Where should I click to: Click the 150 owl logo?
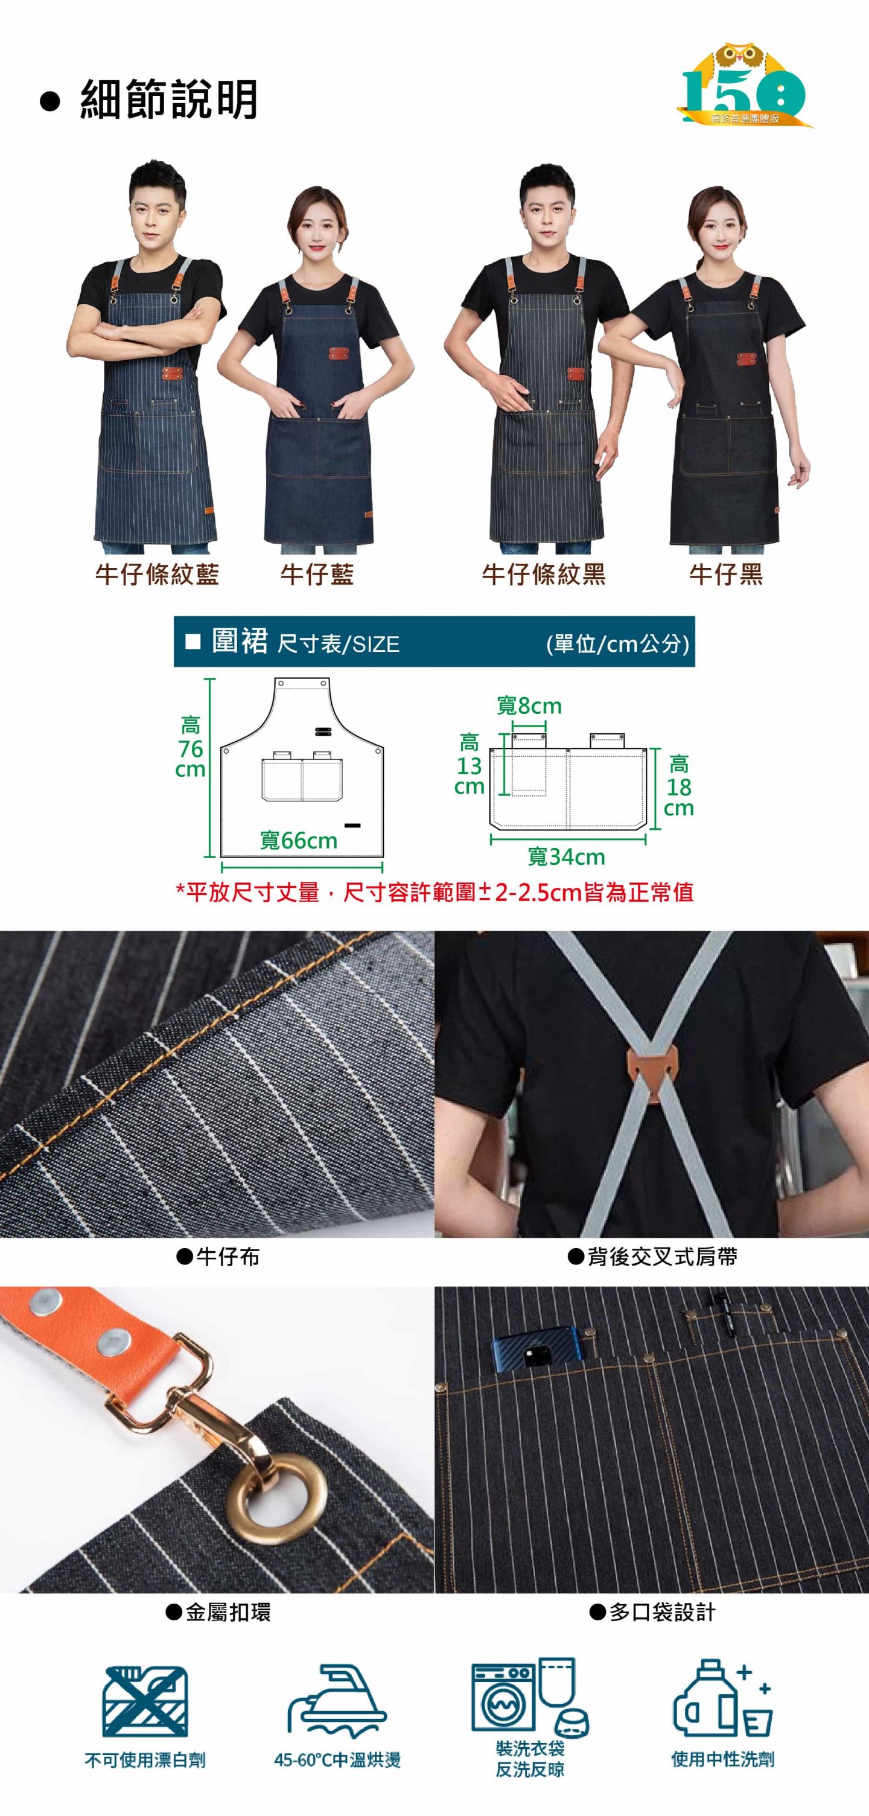tap(744, 85)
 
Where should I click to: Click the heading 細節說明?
tap(168, 100)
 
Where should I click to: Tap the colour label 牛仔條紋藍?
tap(157, 575)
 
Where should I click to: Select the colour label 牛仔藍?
tap(317, 575)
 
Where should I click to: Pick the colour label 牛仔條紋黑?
tap(543, 575)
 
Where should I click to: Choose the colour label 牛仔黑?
tap(726, 575)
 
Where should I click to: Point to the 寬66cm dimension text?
tap(299, 840)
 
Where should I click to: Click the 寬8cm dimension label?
tap(529, 706)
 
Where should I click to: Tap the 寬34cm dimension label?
tap(567, 856)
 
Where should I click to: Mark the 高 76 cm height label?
tap(190, 747)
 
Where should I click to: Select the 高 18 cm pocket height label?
tap(679, 786)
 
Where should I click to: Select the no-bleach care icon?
tap(145, 1701)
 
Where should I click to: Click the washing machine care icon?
tap(530, 1696)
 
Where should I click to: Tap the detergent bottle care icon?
tap(722, 1698)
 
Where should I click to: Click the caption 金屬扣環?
tap(218, 1612)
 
